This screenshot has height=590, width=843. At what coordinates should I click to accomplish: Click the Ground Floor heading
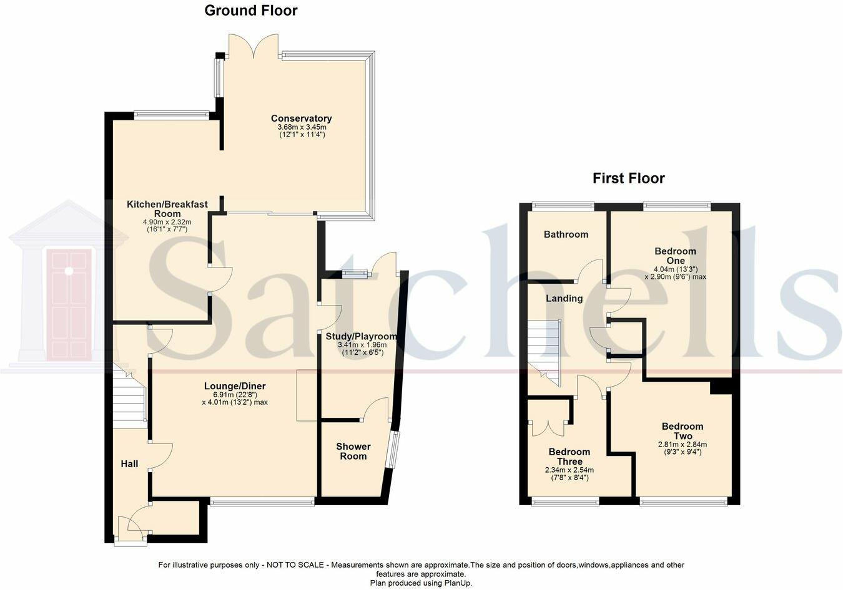(x=251, y=11)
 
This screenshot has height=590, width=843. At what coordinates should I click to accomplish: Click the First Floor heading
(x=628, y=178)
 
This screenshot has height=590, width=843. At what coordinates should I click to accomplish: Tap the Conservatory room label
(x=301, y=118)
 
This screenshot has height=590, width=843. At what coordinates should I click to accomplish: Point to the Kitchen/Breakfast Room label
(x=167, y=209)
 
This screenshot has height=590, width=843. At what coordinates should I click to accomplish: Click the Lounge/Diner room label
(x=230, y=386)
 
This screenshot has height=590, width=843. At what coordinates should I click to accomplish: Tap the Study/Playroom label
(x=361, y=336)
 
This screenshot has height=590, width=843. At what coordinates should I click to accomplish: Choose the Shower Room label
(x=353, y=451)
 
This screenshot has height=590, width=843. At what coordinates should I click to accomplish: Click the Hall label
(x=129, y=463)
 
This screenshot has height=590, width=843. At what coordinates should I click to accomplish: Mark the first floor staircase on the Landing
(x=544, y=352)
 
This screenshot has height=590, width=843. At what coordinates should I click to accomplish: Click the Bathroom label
(x=566, y=235)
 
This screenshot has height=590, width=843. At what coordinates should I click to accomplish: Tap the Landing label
(x=564, y=299)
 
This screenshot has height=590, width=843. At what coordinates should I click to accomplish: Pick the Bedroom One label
(x=675, y=256)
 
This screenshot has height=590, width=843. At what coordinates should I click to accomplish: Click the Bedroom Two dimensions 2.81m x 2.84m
(x=683, y=445)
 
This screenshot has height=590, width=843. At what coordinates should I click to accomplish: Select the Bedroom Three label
(x=569, y=457)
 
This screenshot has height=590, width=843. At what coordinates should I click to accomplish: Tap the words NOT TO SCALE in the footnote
(x=295, y=565)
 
